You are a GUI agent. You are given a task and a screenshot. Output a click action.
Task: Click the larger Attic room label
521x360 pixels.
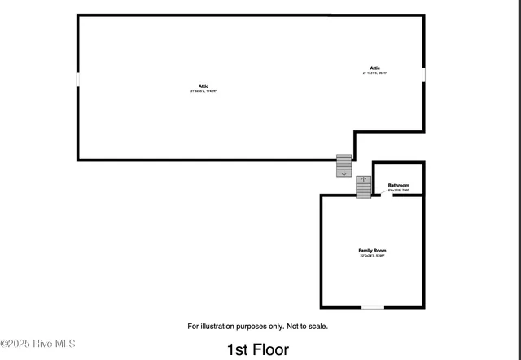(x=204, y=86)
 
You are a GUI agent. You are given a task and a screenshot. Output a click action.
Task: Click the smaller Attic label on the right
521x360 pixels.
(x=374, y=68)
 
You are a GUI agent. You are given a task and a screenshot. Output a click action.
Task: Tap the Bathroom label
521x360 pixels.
(x=398, y=186)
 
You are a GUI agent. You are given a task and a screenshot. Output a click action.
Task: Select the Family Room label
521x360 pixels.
(x=372, y=250)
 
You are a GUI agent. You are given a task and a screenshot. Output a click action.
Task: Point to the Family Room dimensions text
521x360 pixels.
(x=372, y=256)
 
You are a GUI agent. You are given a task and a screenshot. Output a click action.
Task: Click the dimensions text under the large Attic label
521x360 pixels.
(x=204, y=91)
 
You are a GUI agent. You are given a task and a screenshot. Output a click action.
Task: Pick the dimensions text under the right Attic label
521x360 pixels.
(x=374, y=73)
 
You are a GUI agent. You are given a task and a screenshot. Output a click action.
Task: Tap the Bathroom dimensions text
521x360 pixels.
(x=398, y=191)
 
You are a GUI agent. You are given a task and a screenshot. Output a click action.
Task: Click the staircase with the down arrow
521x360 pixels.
(x=344, y=165)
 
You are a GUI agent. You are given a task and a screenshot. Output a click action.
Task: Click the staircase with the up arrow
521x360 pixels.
(x=364, y=187)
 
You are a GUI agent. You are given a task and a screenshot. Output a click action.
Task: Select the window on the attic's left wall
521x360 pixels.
(x=78, y=80)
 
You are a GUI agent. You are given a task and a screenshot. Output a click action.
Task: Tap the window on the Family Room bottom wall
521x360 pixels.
(x=373, y=307)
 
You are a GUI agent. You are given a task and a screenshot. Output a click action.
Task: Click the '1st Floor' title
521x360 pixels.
(x=257, y=350)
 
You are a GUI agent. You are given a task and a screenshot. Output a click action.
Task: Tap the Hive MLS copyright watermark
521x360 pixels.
(x=38, y=345)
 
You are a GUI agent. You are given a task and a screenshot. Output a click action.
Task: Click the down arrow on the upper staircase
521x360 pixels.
(x=344, y=173)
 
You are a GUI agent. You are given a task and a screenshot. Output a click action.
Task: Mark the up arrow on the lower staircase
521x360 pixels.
(x=364, y=178)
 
